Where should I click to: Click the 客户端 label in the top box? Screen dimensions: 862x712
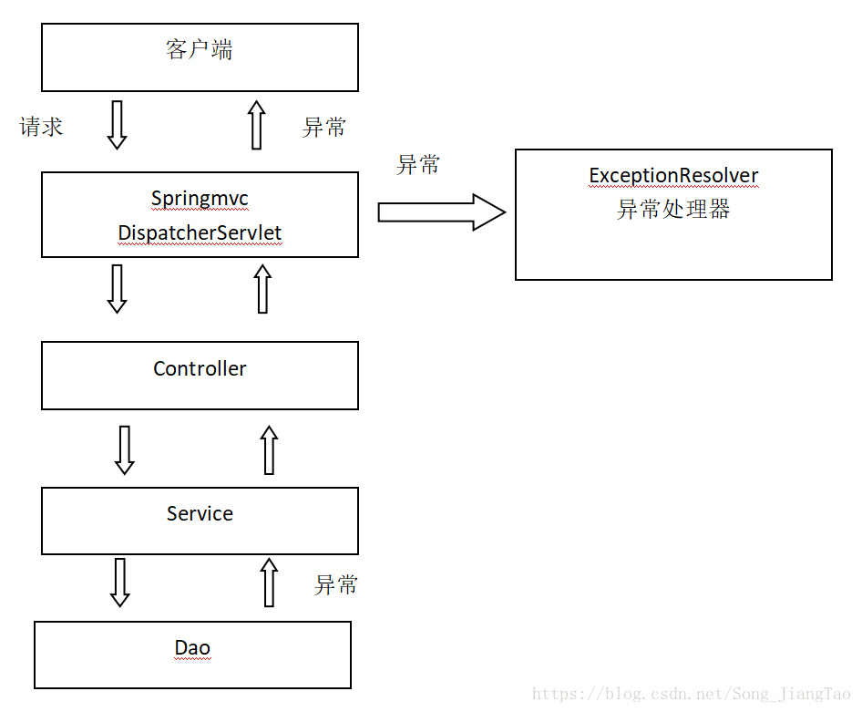click(200, 50)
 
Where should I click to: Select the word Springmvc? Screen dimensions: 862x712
click(200, 199)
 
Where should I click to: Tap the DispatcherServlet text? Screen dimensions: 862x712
click(200, 233)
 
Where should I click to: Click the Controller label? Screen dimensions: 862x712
click(200, 369)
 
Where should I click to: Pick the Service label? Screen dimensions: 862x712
click(200, 514)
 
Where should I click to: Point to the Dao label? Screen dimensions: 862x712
click(192, 649)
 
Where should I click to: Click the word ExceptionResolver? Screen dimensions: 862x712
click(673, 176)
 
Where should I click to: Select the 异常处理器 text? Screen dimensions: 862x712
click(673, 210)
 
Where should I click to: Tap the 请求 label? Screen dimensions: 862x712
click(42, 127)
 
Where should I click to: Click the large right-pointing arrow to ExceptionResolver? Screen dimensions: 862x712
click(441, 213)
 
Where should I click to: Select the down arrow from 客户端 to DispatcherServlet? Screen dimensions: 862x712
click(117, 125)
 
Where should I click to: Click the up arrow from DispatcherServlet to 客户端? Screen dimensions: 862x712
click(257, 125)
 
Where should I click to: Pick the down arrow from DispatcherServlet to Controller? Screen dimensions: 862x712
click(117, 288)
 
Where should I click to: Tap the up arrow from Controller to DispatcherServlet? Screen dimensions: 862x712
click(262, 288)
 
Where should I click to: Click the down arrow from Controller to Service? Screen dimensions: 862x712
click(125, 449)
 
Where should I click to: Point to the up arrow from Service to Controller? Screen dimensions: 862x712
click(269, 449)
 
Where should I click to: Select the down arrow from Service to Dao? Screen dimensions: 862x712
click(119, 582)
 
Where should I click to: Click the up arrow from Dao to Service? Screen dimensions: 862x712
click(269, 582)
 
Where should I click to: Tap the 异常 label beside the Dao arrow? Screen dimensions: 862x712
click(336, 585)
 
